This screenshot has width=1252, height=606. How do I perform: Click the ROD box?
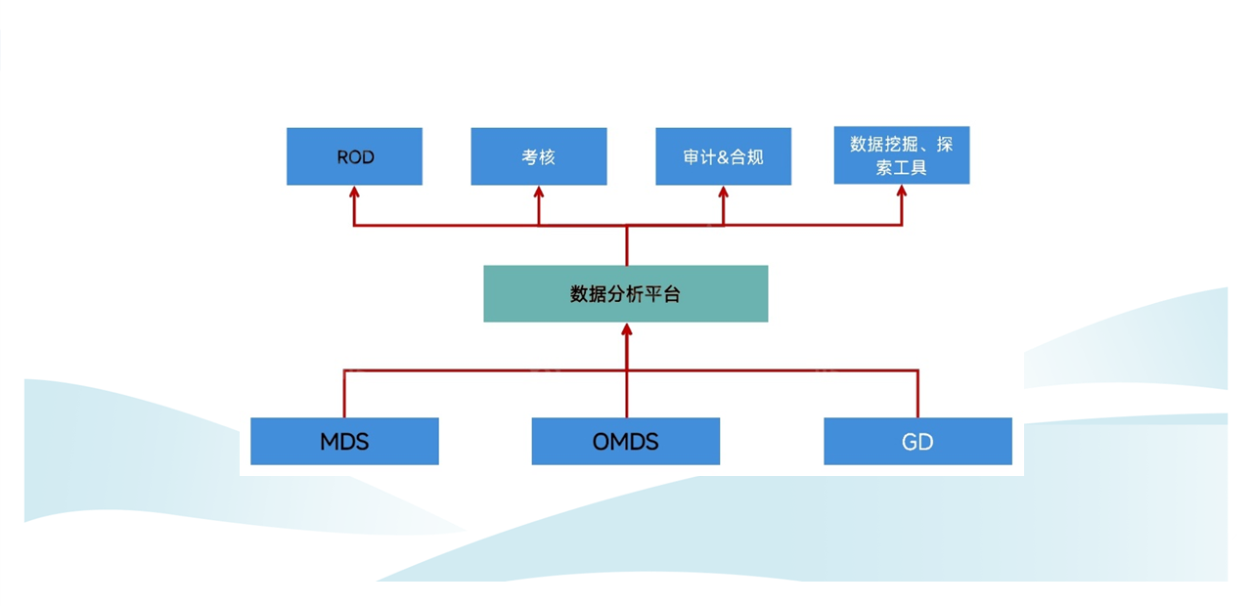354,156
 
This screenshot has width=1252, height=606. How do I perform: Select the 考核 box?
539,156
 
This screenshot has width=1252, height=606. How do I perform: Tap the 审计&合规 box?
723,156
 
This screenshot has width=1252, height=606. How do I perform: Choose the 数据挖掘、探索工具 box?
902,155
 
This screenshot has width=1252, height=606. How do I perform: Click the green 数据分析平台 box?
625,294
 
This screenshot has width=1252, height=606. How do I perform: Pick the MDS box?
344,441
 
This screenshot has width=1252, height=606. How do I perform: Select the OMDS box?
625,441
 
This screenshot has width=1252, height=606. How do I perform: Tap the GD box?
917,441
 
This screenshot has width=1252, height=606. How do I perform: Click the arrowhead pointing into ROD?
354,193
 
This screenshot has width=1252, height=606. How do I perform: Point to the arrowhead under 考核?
539,193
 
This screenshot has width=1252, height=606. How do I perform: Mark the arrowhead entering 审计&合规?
723,193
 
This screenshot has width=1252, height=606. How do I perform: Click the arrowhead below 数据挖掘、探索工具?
902,191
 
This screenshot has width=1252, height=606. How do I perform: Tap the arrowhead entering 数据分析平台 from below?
627,329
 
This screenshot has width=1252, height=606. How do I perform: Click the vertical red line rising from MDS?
343,394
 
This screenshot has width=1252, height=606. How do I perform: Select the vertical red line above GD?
917,394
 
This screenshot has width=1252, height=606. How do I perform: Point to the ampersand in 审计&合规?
723,157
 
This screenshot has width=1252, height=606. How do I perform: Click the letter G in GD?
910,442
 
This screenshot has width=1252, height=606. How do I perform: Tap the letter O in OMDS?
601,442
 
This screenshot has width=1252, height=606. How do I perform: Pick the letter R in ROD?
342,157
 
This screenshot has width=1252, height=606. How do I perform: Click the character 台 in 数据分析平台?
671,294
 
